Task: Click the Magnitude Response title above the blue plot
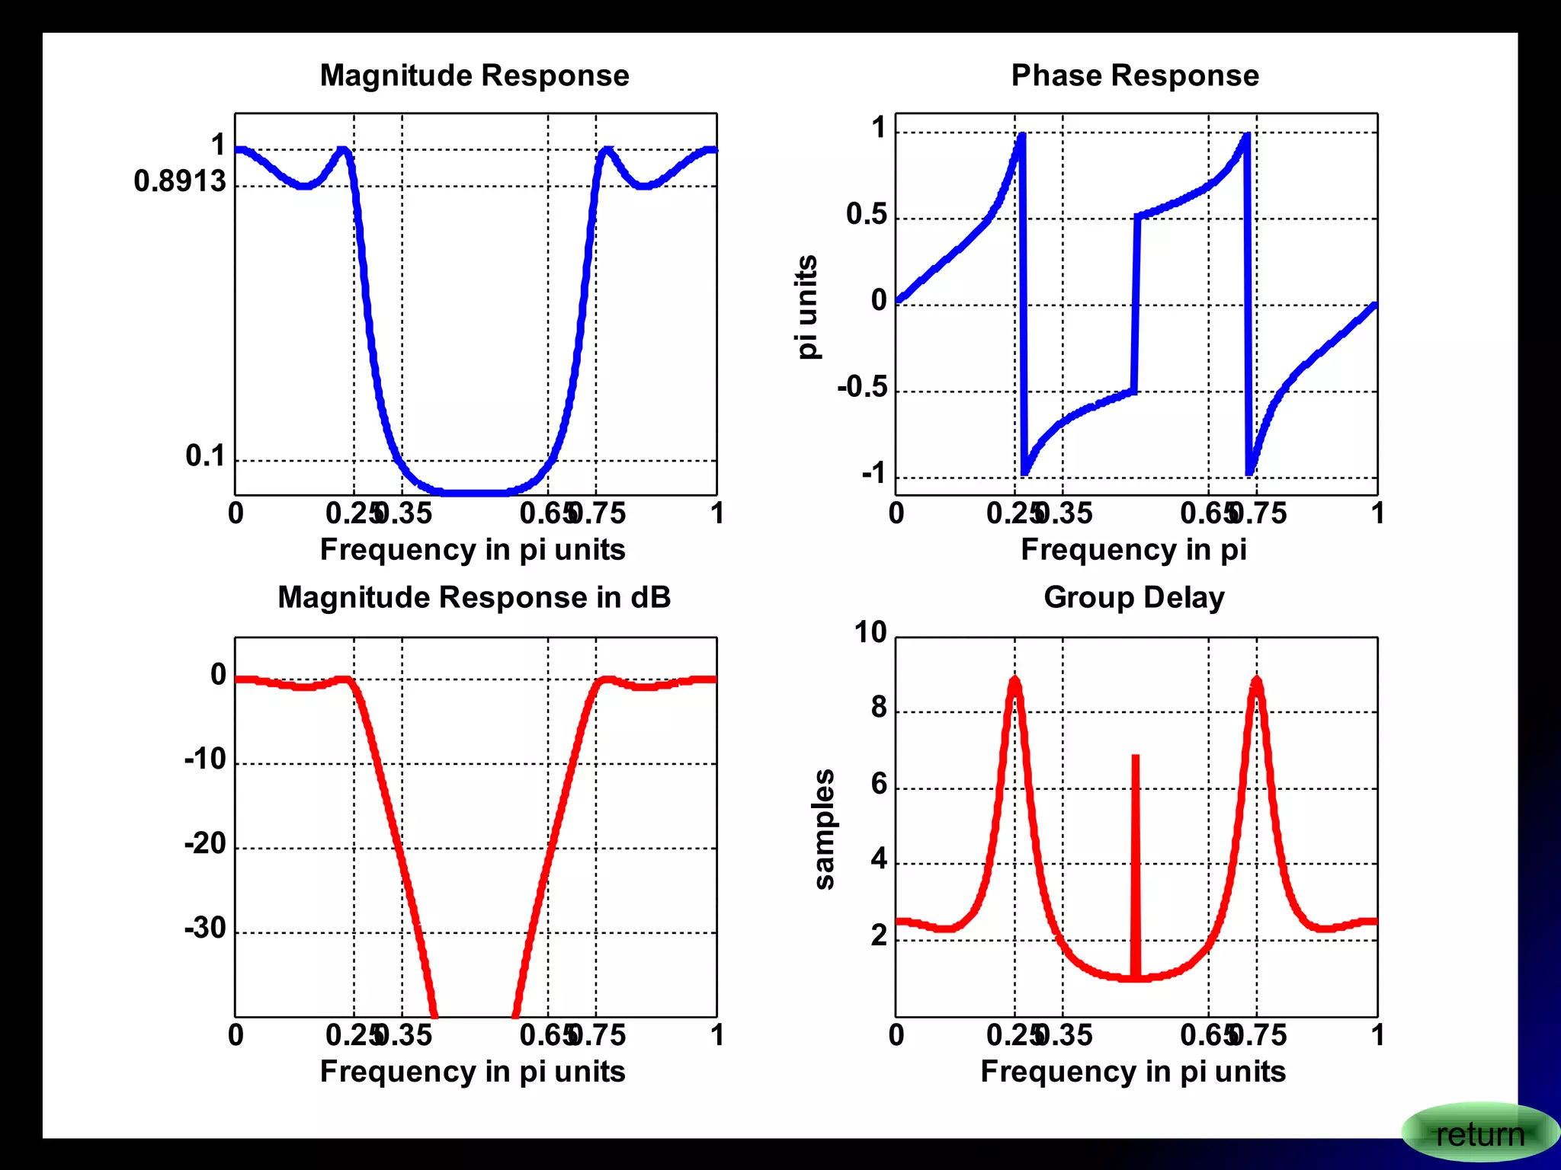(x=474, y=75)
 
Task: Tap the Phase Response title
(x=1134, y=75)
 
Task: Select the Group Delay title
(x=1133, y=597)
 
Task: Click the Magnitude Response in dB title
(x=474, y=597)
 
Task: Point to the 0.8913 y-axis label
(x=180, y=181)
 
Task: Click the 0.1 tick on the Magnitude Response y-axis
(x=205, y=456)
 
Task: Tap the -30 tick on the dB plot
(x=205, y=928)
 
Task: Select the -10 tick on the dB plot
(x=205, y=759)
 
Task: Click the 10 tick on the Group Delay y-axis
(x=870, y=632)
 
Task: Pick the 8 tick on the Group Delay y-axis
(x=879, y=708)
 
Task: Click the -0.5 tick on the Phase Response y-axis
(x=862, y=387)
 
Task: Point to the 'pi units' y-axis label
(x=806, y=306)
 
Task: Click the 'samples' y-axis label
(x=824, y=829)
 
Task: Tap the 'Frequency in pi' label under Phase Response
(x=1133, y=549)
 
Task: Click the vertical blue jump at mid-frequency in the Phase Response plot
(x=1136, y=305)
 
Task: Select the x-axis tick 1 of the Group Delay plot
(x=1377, y=1035)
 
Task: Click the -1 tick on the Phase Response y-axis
(x=873, y=474)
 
